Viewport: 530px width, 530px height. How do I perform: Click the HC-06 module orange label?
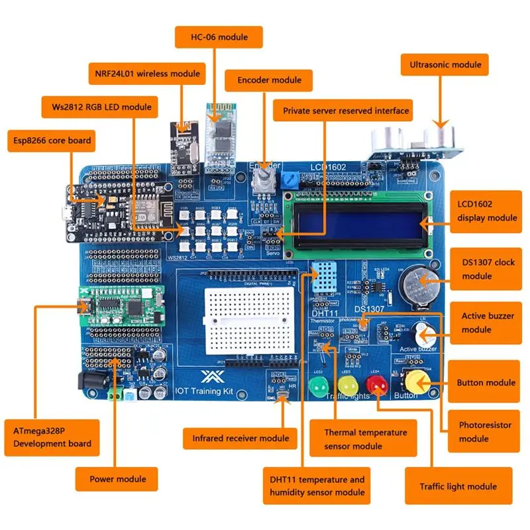[219, 36]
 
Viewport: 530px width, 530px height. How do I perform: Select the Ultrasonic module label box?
[445, 65]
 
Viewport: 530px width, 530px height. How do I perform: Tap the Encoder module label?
[264, 80]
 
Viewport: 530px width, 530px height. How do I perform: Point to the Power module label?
[119, 478]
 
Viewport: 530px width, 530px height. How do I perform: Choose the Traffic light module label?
[458, 486]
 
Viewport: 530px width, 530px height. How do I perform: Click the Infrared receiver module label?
[240, 438]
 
